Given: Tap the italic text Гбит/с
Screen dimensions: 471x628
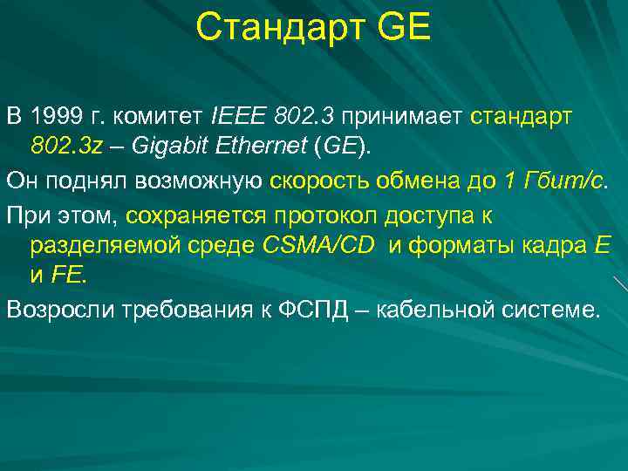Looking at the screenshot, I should (x=563, y=181).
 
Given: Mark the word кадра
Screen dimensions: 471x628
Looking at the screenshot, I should (x=555, y=245).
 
